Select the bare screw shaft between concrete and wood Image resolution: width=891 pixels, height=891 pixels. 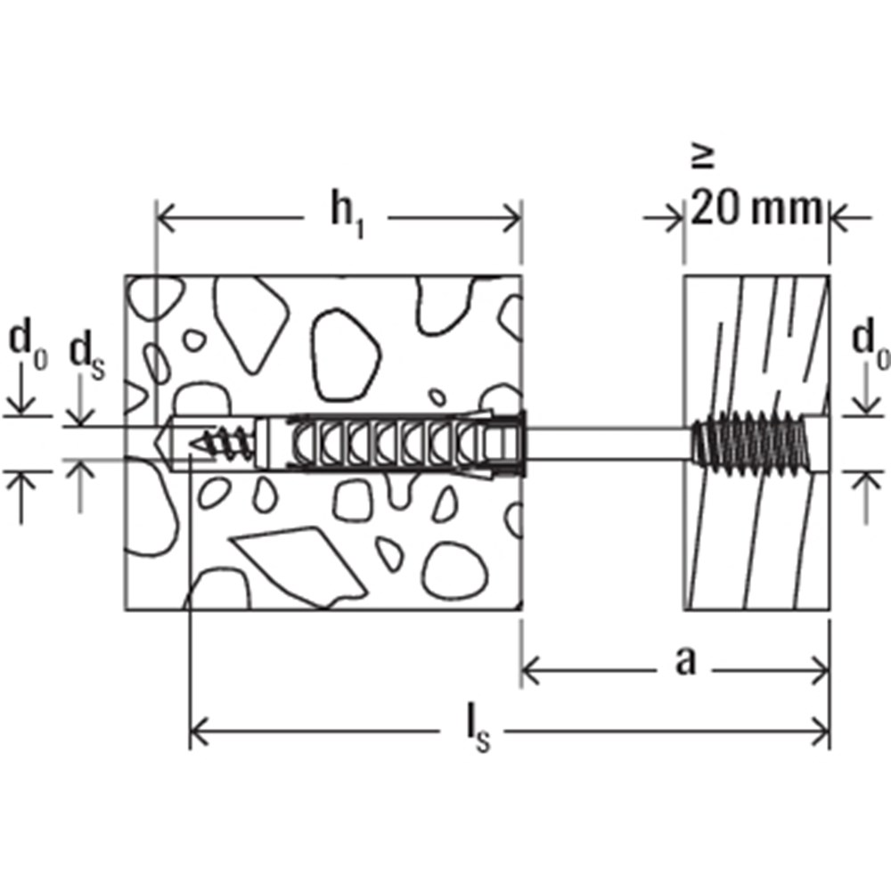coord(606,443)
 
